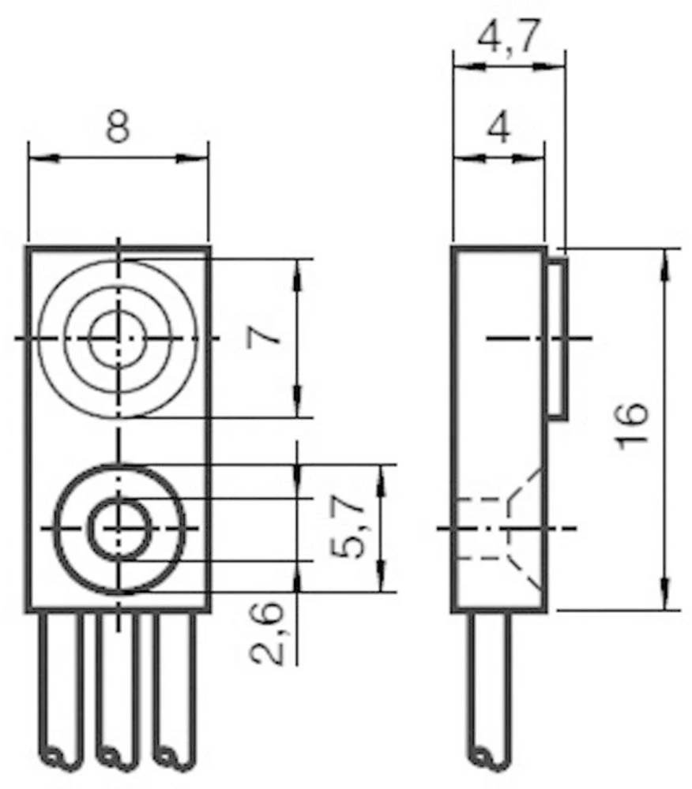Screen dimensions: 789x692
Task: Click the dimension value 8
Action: (118, 126)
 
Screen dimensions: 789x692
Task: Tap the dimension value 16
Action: (634, 426)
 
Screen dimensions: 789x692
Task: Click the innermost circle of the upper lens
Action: (118, 338)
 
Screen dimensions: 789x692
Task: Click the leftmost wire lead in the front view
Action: (61, 686)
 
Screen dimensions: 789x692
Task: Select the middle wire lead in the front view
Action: (117, 686)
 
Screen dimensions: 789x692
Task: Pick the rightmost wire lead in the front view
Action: (174, 686)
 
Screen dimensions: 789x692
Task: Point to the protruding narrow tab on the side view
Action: (558, 338)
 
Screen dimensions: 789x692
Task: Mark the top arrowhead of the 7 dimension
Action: (297, 273)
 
